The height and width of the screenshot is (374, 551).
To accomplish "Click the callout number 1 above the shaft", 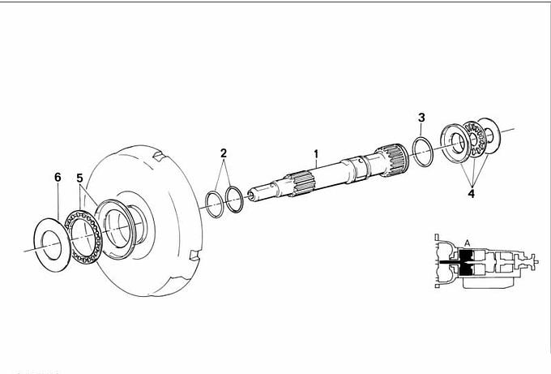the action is (x=316, y=154).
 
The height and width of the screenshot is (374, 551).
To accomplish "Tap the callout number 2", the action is (x=224, y=153).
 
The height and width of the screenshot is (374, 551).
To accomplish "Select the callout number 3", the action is (x=421, y=118).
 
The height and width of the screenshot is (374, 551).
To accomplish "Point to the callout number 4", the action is (x=472, y=193).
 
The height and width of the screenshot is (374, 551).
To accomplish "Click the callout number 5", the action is (x=79, y=178).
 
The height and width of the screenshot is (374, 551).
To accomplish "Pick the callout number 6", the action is (x=58, y=178).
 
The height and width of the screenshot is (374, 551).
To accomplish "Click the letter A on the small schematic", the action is (x=467, y=243).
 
